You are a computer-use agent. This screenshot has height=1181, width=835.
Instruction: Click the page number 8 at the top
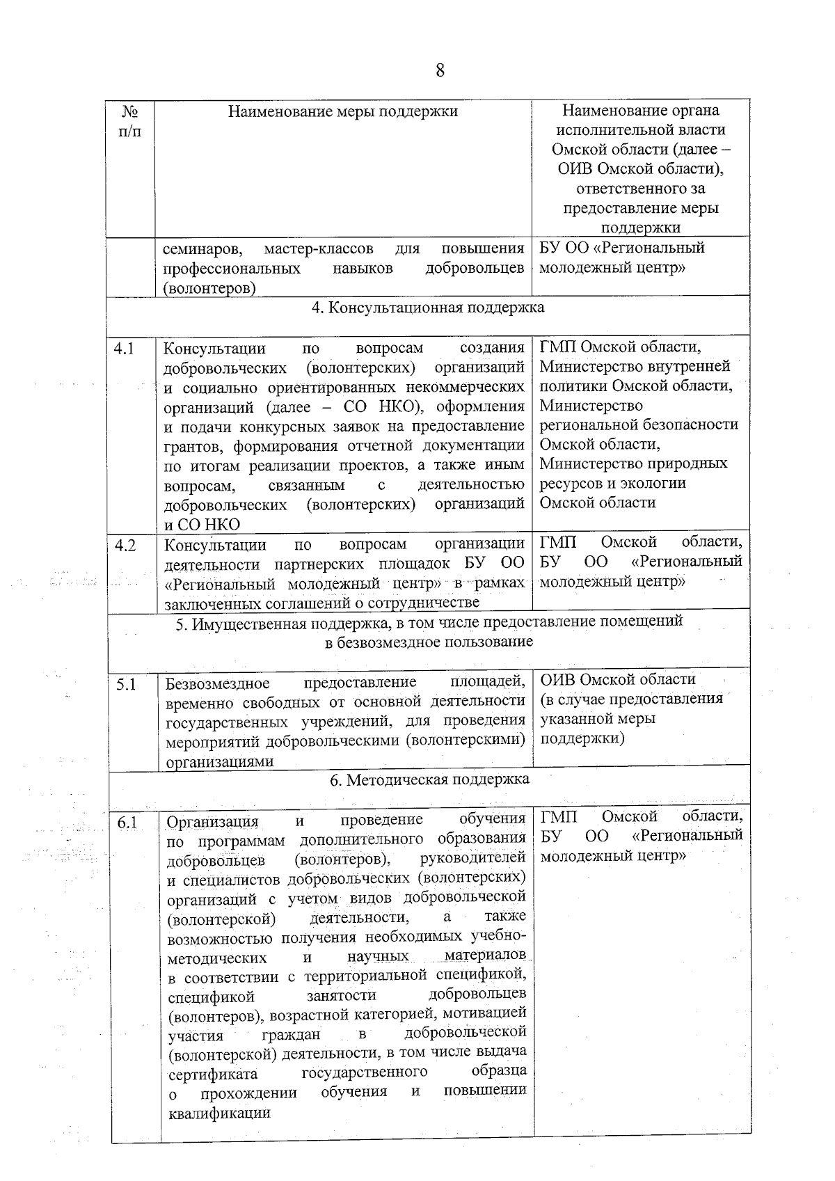(439, 71)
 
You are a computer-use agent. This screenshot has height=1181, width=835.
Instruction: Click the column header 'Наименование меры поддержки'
(343, 111)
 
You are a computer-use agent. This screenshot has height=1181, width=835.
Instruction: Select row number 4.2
(125, 546)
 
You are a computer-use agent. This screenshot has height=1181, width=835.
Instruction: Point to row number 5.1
(126, 685)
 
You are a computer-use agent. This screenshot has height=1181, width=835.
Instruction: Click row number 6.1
(127, 823)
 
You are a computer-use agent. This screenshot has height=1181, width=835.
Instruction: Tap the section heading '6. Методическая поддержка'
(429, 779)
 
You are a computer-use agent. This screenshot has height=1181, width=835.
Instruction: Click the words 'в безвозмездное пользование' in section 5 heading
(429, 642)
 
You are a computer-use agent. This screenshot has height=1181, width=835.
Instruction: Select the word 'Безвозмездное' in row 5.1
(217, 683)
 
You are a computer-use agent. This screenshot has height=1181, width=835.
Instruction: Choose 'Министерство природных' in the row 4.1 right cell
(633, 463)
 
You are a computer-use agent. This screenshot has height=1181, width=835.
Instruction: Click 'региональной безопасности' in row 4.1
(639, 425)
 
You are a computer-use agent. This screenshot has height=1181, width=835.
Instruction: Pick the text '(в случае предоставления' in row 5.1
(632, 699)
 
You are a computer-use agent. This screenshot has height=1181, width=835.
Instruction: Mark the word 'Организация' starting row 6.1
(212, 822)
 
